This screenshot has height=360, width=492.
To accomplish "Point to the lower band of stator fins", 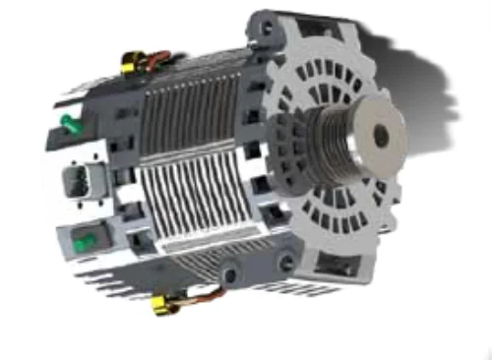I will (207, 211).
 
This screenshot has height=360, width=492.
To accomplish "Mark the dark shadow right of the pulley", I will (433, 89).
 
